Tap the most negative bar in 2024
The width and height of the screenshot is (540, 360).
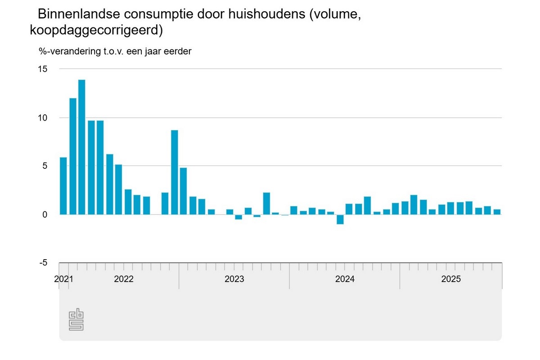[340, 219]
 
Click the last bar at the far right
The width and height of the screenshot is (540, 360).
[497, 211]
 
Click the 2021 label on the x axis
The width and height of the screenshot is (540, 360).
[63, 279]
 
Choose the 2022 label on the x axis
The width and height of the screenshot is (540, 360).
[124, 279]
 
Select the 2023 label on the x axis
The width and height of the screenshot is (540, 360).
[234, 279]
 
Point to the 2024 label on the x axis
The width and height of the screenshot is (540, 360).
[345, 279]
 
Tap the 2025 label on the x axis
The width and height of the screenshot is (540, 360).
[451, 279]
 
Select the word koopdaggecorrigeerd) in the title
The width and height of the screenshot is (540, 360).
[96, 30]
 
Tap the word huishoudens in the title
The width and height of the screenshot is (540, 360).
[261, 14]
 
